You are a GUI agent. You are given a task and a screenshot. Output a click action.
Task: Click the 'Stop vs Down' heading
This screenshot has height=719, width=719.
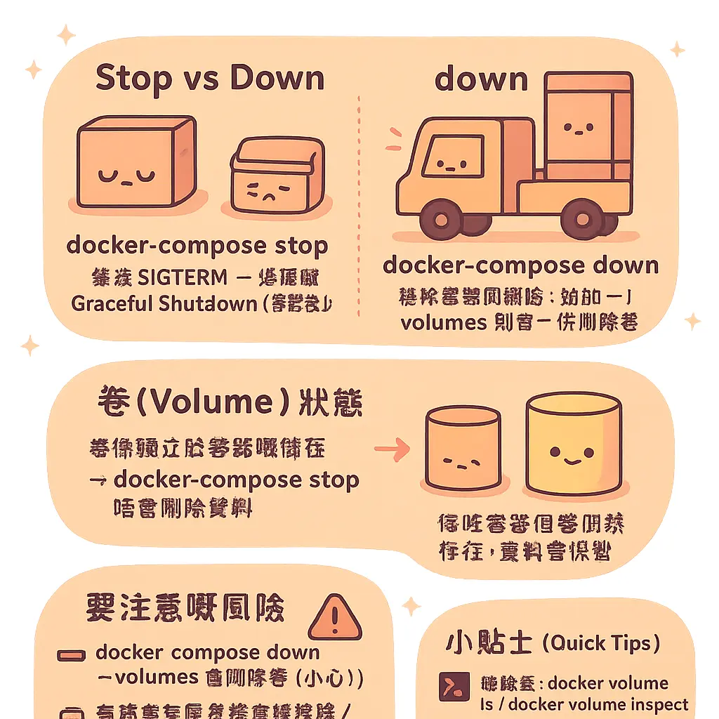(x=210, y=78)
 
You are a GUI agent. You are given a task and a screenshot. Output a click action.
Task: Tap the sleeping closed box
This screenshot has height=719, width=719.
(x=136, y=163)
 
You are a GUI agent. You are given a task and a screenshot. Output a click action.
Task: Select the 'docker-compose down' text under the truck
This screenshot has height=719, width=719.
(x=520, y=265)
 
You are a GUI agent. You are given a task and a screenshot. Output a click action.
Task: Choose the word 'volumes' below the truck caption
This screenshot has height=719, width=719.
(x=443, y=322)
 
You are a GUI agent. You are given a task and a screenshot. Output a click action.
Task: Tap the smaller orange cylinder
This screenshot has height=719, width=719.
(x=463, y=450)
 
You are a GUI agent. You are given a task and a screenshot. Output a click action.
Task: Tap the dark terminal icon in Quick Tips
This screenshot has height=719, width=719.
(x=449, y=686)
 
